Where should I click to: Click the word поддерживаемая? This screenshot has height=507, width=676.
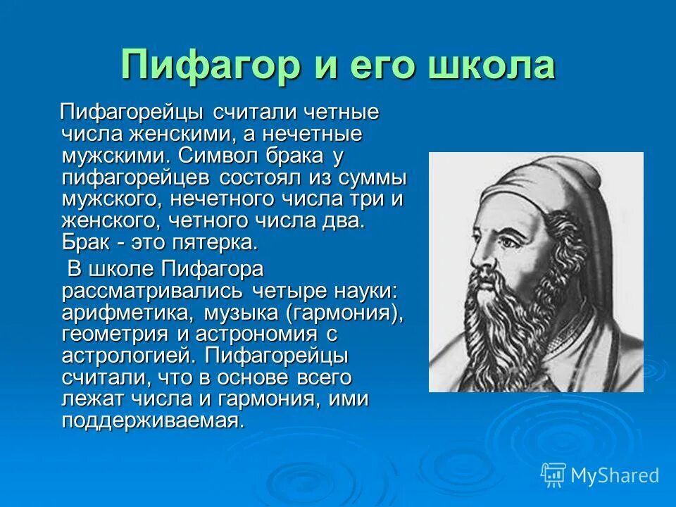point(153,421)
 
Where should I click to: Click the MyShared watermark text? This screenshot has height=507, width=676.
point(614,475)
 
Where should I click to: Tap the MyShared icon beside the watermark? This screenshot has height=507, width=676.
point(553,475)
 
